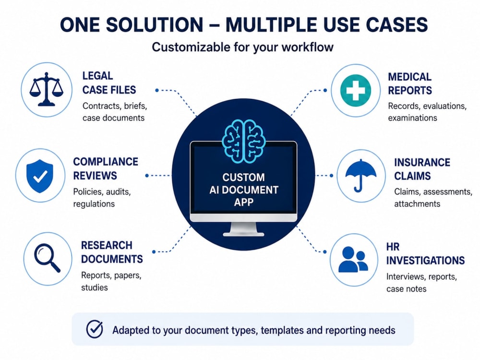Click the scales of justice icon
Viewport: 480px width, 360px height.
coord(46,89)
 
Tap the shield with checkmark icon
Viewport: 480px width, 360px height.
coord(40,176)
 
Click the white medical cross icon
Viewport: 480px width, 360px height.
coord(355,90)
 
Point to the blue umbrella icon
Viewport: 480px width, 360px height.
coord(361,175)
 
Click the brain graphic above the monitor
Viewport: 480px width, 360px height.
coord(243,141)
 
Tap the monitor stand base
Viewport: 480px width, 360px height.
coord(243,234)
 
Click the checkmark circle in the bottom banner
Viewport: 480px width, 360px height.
coord(95,329)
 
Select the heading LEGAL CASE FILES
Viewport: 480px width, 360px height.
coord(109,83)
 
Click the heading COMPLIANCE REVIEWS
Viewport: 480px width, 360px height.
coord(105,168)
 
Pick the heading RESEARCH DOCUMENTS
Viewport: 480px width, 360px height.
coord(112,252)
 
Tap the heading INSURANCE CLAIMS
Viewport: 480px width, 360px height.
coord(422,169)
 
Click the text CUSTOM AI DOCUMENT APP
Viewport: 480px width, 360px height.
coord(244,190)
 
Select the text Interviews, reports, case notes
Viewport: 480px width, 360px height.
coord(421,283)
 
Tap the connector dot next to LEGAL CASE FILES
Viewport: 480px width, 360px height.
coord(157,90)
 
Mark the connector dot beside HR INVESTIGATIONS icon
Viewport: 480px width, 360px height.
coord(325,252)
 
